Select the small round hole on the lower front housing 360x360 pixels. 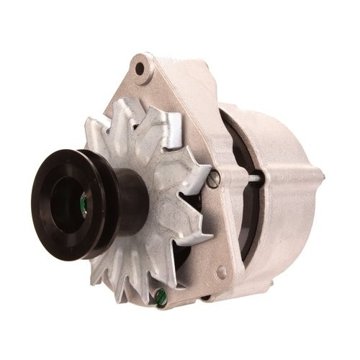pyautogui.click(x=222, y=271)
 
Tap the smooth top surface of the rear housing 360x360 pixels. pyautogui.click(x=266, y=122)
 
